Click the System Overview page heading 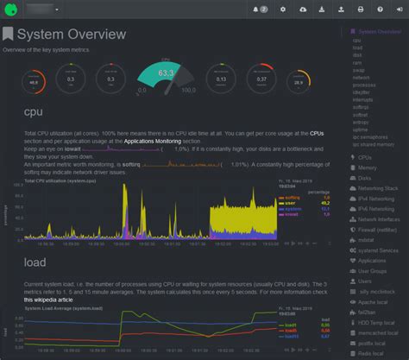[72, 35]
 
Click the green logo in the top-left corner [10, 9]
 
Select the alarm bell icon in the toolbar [259, 9]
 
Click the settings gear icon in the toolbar [282, 9]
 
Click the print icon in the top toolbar [360, 9]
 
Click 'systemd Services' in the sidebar [377, 249]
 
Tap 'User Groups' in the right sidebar [372, 270]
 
